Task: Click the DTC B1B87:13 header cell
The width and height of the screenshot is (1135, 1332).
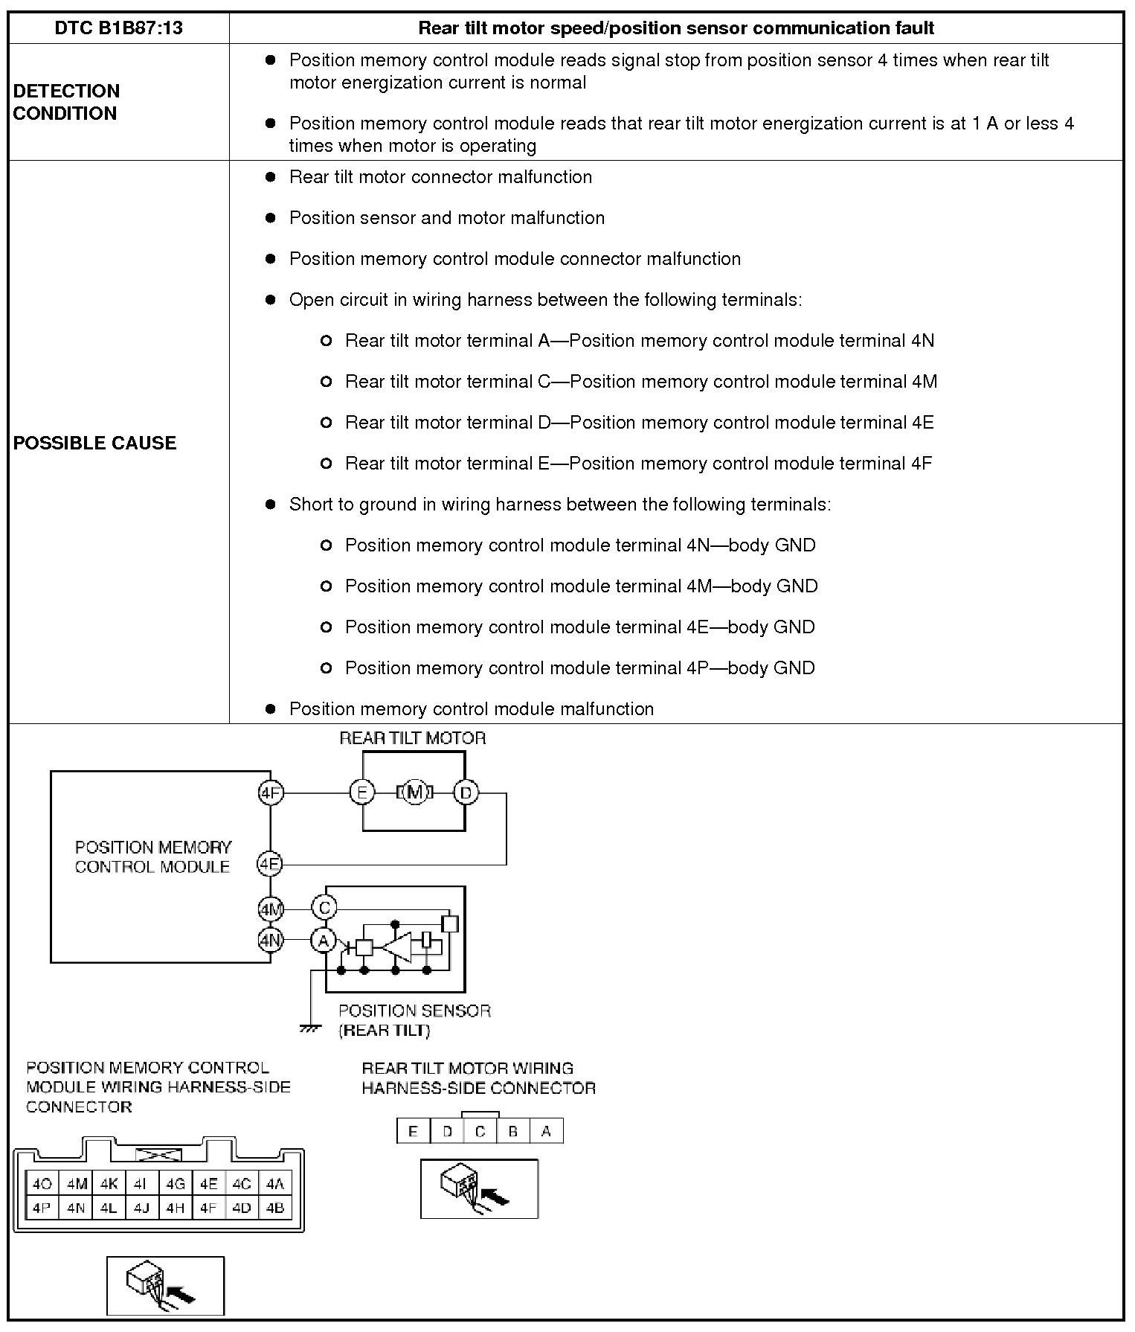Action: pyautogui.click(x=119, y=28)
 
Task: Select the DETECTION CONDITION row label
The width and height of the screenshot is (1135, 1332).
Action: pyautogui.click(x=66, y=102)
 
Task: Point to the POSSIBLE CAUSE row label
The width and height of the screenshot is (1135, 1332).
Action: pyautogui.click(x=95, y=443)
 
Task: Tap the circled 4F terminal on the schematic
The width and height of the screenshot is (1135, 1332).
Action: pyautogui.click(x=270, y=793)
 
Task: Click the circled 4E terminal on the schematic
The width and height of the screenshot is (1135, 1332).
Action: pyautogui.click(x=269, y=864)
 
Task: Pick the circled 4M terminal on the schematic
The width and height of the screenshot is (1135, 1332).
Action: pyautogui.click(x=270, y=909)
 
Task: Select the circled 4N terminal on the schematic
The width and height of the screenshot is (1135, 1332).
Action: pyautogui.click(x=270, y=940)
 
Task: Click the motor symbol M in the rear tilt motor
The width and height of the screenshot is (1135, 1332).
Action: pyautogui.click(x=415, y=793)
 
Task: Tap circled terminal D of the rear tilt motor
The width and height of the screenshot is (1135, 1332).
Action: pyautogui.click(x=466, y=793)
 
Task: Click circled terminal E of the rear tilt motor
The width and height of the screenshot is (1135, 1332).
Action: pyautogui.click(x=361, y=793)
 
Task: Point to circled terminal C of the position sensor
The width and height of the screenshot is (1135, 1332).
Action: pyautogui.click(x=324, y=908)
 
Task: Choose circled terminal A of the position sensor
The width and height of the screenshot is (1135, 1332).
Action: pyautogui.click(x=324, y=941)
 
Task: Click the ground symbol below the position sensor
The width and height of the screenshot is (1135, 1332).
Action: pyautogui.click(x=309, y=1028)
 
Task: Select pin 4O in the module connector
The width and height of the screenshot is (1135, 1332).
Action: pyautogui.click(x=42, y=1183)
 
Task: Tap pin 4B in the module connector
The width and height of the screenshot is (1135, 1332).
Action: pyautogui.click(x=275, y=1208)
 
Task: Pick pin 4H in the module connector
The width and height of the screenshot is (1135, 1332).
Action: pyautogui.click(x=176, y=1208)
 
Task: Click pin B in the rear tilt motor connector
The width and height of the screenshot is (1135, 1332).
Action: pyautogui.click(x=513, y=1132)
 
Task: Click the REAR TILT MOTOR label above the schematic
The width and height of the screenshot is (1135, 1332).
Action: pyautogui.click(x=413, y=738)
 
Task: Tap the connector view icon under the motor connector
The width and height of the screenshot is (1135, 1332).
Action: pyautogui.click(x=479, y=1188)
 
